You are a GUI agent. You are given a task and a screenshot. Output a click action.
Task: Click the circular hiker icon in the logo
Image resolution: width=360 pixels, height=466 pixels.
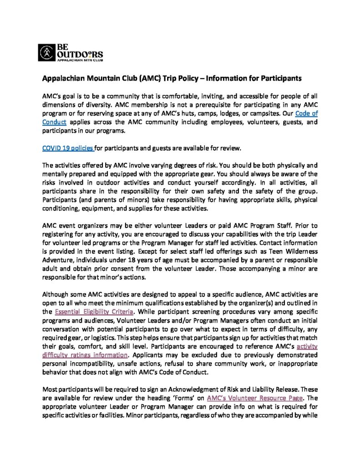point(46,53)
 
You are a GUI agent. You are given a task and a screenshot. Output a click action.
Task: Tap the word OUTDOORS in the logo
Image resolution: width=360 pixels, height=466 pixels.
point(74,54)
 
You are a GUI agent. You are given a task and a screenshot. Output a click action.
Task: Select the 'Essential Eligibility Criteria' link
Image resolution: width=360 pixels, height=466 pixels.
point(94,312)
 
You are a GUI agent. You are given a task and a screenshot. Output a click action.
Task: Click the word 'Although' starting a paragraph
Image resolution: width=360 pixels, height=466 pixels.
point(56,295)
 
